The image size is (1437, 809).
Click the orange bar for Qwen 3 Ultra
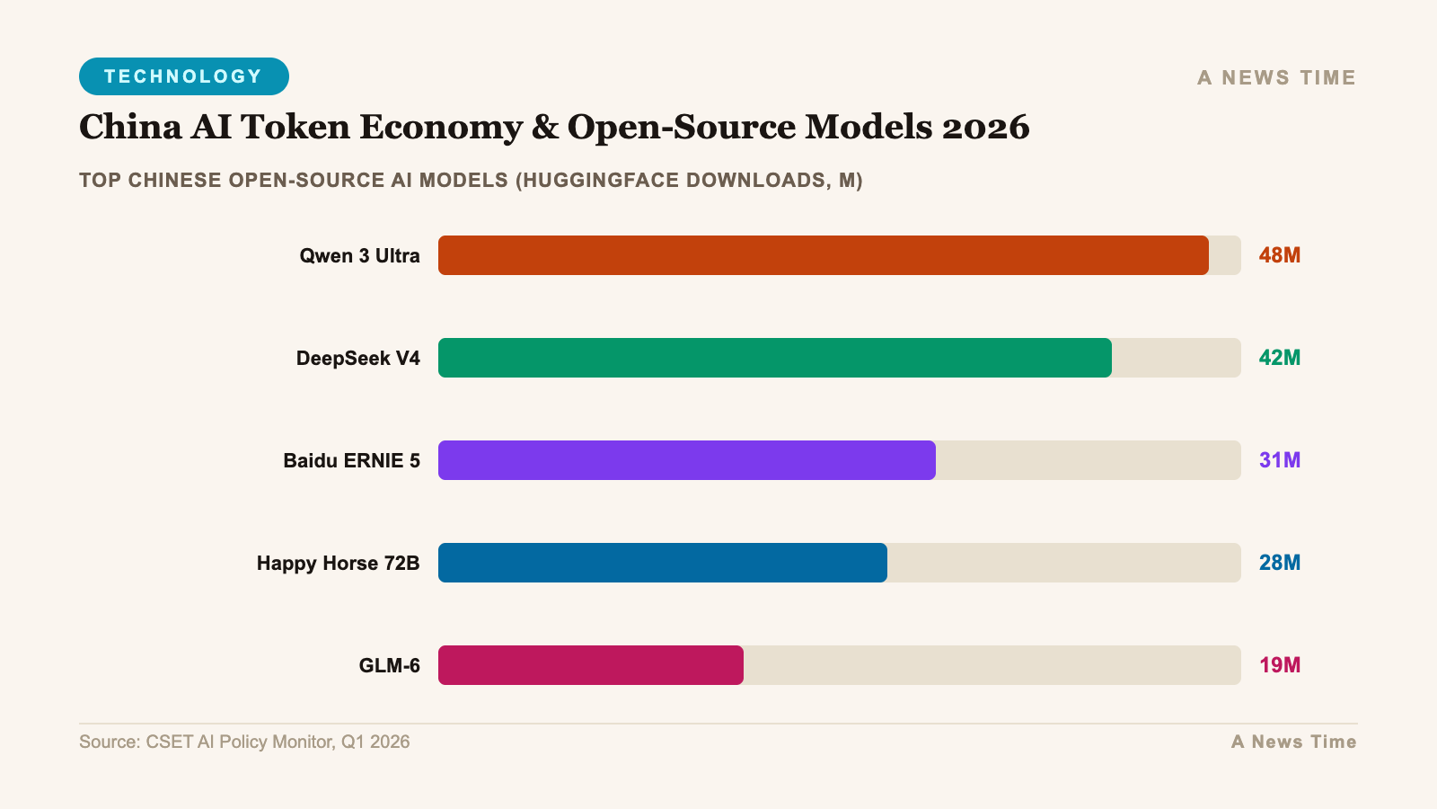point(823,255)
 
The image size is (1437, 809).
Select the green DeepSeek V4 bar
point(774,358)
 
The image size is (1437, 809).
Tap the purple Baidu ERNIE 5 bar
point(686,460)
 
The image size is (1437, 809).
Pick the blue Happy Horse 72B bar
point(662,563)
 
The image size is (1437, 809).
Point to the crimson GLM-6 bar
point(590,665)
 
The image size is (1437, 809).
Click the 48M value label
point(1279,255)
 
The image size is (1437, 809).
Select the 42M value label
point(1279,358)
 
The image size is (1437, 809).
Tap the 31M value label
point(1279,460)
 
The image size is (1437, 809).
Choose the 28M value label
point(1279,563)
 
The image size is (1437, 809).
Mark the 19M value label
point(1279,665)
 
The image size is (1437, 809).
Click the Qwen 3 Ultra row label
point(359,256)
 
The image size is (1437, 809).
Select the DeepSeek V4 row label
point(357,359)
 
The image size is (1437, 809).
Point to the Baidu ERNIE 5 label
point(351,461)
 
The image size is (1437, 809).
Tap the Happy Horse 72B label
point(338,564)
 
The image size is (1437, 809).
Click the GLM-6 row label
point(389,666)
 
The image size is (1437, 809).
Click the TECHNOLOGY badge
point(183,76)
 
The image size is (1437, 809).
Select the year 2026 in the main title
point(985,127)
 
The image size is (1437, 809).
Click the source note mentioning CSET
point(244,742)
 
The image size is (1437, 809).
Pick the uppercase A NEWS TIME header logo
point(1276,78)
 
